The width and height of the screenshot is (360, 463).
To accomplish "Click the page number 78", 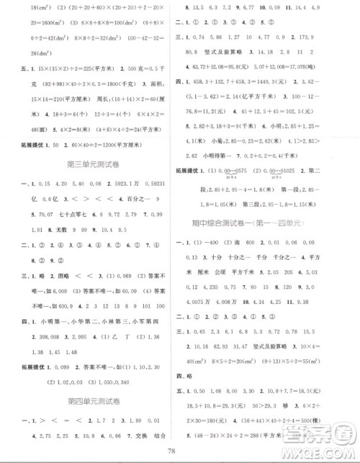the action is coord(179,451).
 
